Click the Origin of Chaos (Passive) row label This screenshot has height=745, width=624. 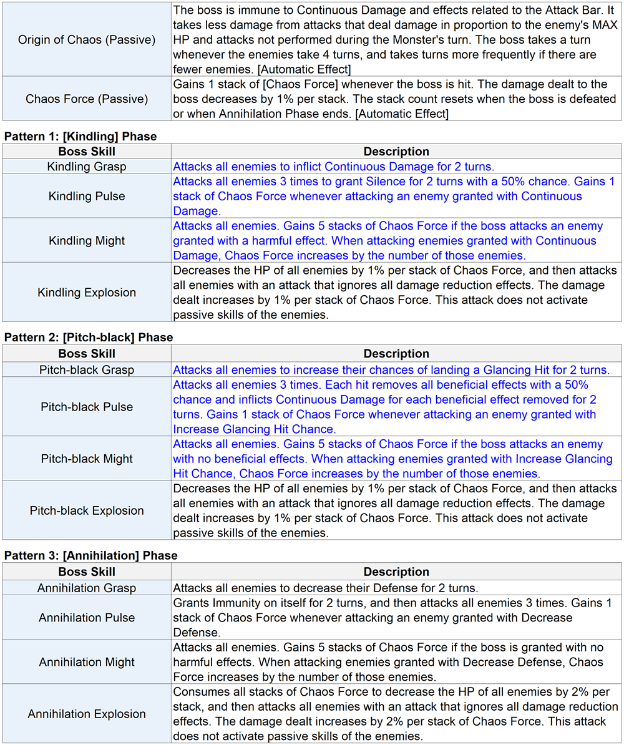pyautogui.click(x=87, y=40)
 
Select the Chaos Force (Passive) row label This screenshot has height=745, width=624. pyautogui.click(x=87, y=99)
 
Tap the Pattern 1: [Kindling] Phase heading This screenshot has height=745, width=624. pyautogui.click(x=80, y=136)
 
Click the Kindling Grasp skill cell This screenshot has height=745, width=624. pyautogui.click(x=87, y=167)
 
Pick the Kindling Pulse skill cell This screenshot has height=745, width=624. pyautogui.click(x=87, y=196)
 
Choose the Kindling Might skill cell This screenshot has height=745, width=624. pyautogui.click(x=87, y=240)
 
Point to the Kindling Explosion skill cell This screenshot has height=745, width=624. pyautogui.click(x=87, y=292)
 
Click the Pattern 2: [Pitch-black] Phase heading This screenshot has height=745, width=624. pyautogui.click(x=89, y=338)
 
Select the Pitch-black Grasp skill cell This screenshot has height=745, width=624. pyautogui.click(x=87, y=369)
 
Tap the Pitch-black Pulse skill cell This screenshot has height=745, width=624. pyautogui.click(x=87, y=406)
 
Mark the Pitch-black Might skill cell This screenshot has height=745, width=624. pyautogui.click(x=87, y=458)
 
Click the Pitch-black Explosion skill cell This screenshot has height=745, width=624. pyautogui.click(x=87, y=510)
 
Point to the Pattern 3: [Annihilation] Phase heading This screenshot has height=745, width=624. pyautogui.click(x=90, y=555)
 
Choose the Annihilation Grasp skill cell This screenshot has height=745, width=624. pyautogui.click(x=87, y=588)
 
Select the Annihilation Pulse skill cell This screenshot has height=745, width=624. pyautogui.click(x=87, y=617)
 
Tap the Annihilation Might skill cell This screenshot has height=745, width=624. pyautogui.click(x=87, y=661)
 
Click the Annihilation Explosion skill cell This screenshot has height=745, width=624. pyautogui.click(x=87, y=713)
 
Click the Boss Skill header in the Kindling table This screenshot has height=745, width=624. pyautogui.click(x=87, y=152)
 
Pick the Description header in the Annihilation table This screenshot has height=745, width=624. pyautogui.click(x=396, y=572)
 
